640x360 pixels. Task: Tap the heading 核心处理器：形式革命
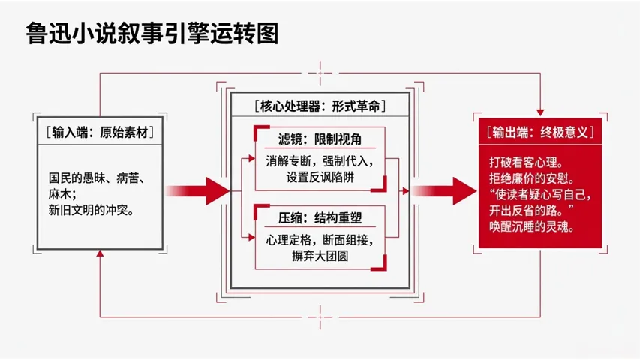[320, 106]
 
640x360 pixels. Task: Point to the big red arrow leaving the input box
[197, 190]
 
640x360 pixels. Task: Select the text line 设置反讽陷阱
[309, 178]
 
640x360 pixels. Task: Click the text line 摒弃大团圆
[308, 256]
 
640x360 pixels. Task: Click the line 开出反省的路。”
[536, 210]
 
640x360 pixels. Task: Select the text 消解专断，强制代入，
[320, 161]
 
